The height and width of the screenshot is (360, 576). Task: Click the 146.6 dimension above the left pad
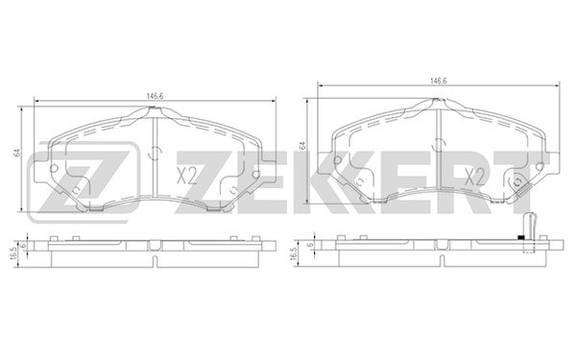(155, 96)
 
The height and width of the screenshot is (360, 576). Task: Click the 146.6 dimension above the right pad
(439, 82)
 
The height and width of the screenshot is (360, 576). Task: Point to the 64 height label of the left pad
(16, 153)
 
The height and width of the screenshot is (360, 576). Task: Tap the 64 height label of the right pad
(302, 145)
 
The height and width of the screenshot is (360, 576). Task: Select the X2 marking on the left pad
(186, 176)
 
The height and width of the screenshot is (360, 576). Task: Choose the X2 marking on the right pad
(474, 177)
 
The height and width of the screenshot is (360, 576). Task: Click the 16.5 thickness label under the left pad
(14, 253)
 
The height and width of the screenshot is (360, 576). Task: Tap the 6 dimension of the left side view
(23, 245)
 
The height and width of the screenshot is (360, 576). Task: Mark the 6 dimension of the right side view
(309, 245)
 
